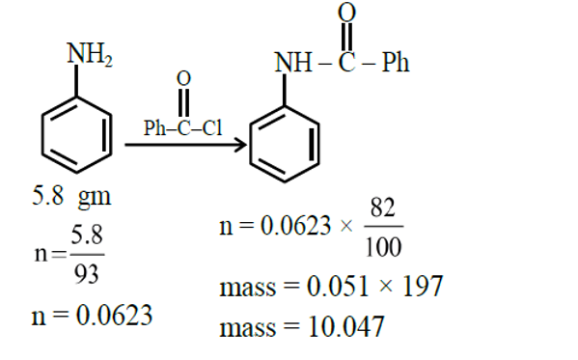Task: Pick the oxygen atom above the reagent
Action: click(x=183, y=77)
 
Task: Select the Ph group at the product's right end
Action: click(x=396, y=64)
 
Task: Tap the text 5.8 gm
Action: click(x=71, y=198)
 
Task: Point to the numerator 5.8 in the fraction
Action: click(x=87, y=235)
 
